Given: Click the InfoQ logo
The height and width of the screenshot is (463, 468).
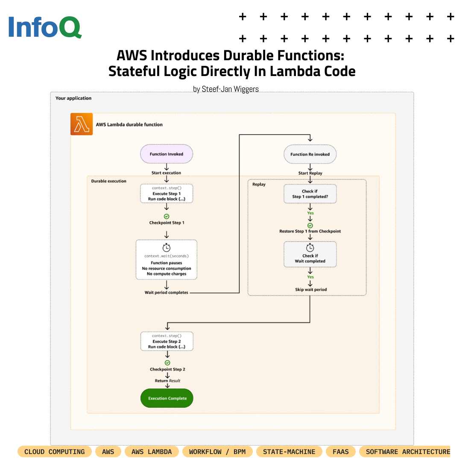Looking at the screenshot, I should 45,27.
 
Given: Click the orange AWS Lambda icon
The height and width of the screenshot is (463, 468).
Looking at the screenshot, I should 82,124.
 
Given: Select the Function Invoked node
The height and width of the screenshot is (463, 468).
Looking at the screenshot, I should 167,154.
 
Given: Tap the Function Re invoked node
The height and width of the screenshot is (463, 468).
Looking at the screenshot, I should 310,154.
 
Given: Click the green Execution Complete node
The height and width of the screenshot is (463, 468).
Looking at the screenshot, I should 167,398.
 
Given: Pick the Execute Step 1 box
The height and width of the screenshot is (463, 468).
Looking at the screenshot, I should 167,193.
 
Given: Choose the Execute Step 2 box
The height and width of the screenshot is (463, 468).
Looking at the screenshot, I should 167,341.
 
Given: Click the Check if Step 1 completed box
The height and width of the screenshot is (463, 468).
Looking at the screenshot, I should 310,194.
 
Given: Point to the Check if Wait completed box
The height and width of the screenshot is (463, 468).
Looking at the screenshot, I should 310,255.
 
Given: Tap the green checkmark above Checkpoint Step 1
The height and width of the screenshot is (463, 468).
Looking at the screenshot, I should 167,217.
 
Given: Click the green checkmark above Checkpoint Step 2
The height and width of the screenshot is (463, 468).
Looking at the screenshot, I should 167,363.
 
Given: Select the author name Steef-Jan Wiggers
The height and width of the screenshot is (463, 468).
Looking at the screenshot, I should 225,89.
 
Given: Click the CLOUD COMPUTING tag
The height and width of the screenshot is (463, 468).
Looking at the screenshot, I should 55,451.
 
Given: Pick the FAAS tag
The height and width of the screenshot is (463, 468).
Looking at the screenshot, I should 340,451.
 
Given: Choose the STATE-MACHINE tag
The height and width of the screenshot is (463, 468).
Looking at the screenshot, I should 289,451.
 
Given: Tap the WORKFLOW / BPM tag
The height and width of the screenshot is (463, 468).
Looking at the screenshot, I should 217,451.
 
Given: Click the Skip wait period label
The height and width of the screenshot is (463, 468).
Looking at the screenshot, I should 310,290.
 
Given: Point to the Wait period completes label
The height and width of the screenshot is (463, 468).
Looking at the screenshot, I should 167,293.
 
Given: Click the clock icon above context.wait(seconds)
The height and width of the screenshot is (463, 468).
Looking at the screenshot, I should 167,248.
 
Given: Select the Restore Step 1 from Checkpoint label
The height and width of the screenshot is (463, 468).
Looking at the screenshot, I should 310,231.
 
